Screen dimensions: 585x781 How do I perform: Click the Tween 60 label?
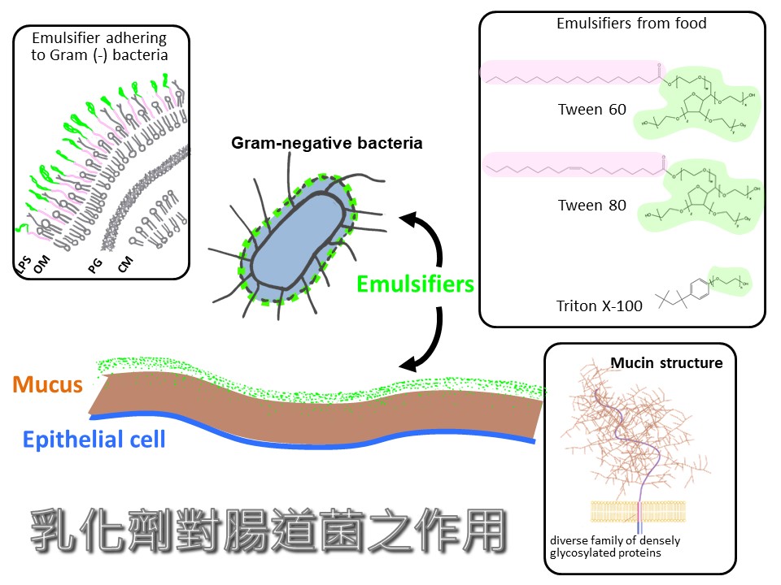591,110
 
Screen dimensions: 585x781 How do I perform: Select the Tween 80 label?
591,206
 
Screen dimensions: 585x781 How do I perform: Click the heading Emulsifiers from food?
631,24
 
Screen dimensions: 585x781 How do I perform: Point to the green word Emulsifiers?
416,284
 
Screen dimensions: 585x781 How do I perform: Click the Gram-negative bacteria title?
327,144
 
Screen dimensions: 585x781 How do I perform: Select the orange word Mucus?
48,384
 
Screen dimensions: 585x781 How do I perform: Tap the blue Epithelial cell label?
94,440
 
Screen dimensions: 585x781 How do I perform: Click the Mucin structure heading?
666,362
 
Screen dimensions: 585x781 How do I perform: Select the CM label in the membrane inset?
125,263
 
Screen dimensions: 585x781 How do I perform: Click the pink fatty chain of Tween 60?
569,73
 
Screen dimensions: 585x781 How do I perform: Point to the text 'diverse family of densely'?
615,541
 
